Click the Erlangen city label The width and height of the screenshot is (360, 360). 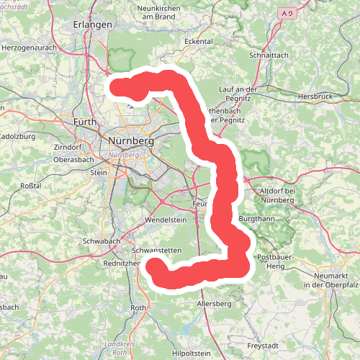click(x=94, y=24)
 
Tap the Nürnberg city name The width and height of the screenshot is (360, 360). click(x=130, y=141)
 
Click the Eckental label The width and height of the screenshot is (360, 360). click(x=199, y=42)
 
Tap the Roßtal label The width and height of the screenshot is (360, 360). click(x=30, y=185)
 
